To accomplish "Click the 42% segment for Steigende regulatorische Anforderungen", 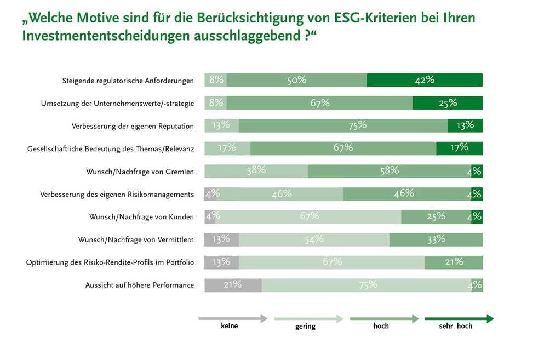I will (425, 80).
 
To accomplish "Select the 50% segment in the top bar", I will (296, 80).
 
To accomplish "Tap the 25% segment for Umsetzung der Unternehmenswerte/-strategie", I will (447, 103).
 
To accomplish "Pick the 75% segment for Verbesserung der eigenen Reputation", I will (343, 125).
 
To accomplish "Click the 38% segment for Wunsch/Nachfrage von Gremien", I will (256, 171).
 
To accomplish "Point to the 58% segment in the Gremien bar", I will (389, 171).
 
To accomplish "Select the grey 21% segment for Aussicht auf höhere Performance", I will (233, 285).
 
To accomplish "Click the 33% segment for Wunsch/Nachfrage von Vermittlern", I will (436, 239).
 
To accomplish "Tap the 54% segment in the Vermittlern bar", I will (314, 239).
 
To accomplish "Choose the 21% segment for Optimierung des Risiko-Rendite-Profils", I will (454, 262).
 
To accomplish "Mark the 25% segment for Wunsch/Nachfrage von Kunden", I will (436, 216).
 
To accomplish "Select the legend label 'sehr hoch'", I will (455, 326).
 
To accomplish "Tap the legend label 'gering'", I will (305, 327).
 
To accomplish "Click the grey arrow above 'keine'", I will (233, 318).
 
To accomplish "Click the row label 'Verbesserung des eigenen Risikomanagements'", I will (117, 195).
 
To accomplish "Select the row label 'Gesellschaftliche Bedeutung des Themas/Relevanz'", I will (111, 148).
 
